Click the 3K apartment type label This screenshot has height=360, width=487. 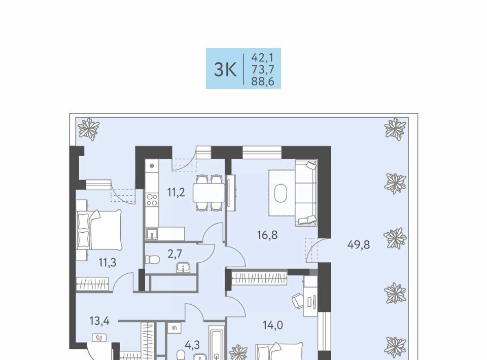(225, 69)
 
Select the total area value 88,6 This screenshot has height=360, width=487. (263, 81)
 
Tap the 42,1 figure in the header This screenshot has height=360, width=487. (262, 57)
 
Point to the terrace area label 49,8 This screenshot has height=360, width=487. (359, 245)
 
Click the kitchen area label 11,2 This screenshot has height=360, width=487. (176, 192)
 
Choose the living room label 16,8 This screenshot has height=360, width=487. (267, 235)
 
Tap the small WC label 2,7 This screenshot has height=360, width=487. (175, 254)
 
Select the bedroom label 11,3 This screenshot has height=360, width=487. (108, 263)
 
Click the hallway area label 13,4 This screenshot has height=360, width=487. (99, 321)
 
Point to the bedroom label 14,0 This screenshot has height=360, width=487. (273, 325)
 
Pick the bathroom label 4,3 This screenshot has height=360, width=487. (192, 344)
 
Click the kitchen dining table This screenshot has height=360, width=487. (208, 193)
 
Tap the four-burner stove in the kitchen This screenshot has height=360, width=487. (152, 200)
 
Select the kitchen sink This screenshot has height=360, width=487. (152, 234)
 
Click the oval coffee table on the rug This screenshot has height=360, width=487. (281, 193)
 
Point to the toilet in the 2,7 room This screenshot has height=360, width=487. (152, 260)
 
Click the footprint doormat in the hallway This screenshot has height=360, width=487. (99, 338)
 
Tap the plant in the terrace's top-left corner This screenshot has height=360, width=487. (88, 128)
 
